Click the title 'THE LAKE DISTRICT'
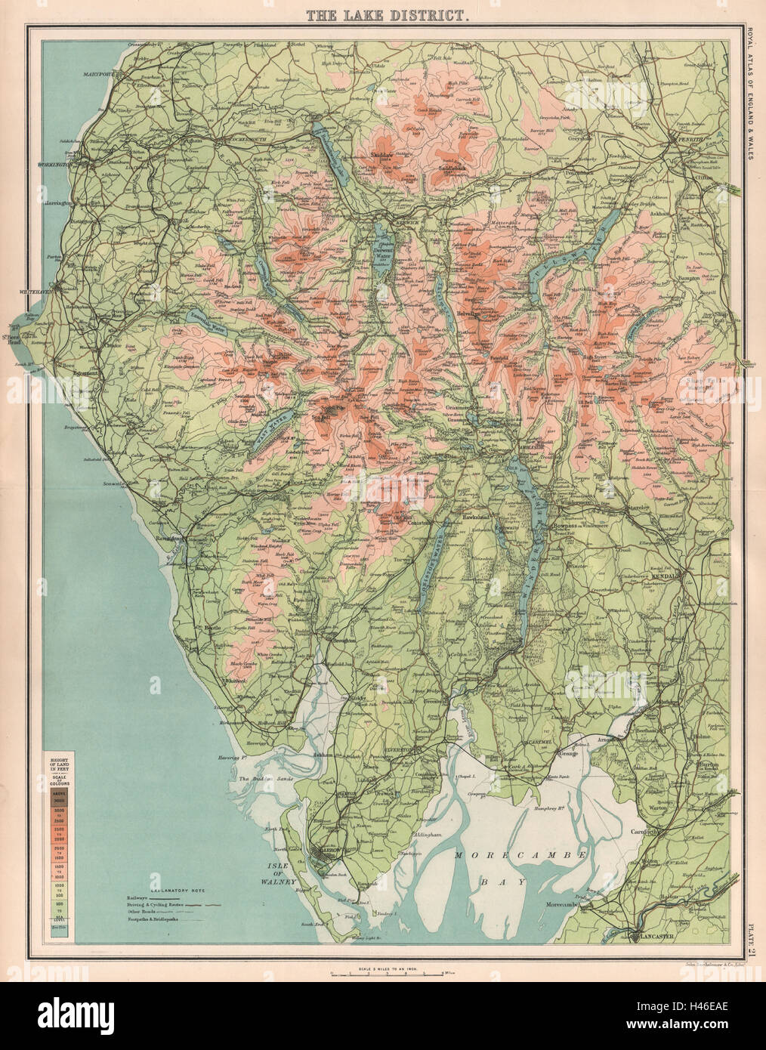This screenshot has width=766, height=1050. (384, 13)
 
